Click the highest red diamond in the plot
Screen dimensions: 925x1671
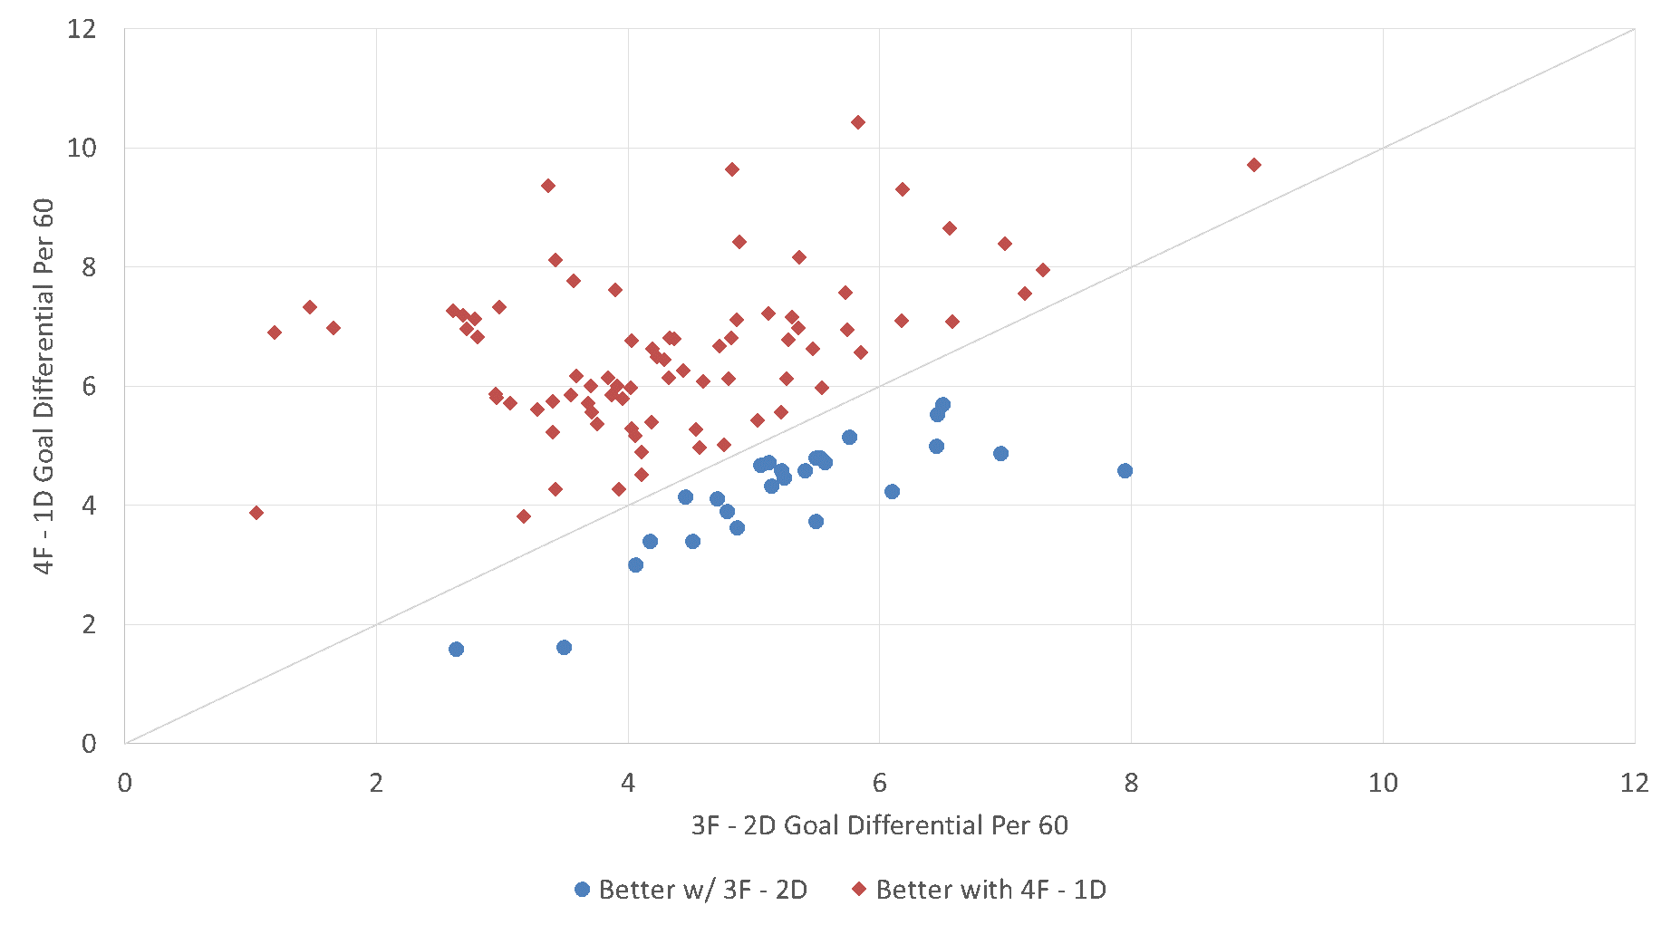pyautogui.click(x=857, y=122)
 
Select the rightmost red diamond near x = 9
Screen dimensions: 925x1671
pyautogui.click(x=1254, y=165)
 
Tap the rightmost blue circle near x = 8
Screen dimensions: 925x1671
pyautogui.click(x=1125, y=471)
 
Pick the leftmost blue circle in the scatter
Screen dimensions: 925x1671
pyautogui.click(x=456, y=650)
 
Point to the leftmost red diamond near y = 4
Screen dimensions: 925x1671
pyautogui.click(x=256, y=513)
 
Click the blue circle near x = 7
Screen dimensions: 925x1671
pyautogui.click(x=1000, y=454)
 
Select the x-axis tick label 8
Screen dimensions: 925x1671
pyautogui.click(x=1131, y=783)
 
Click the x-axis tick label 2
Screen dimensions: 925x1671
pyautogui.click(x=376, y=783)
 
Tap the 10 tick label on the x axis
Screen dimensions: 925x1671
pyautogui.click(x=1383, y=783)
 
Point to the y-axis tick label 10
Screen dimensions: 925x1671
pyautogui.click(x=82, y=148)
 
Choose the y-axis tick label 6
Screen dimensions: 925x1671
pyautogui.click(x=89, y=386)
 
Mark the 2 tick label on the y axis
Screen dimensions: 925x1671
pyautogui.click(x=89, y=624)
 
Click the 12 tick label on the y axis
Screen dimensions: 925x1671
pyautogui.click(x=82, y=29)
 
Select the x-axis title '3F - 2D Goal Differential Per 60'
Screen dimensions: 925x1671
pyautogui.click(x=879, y=825)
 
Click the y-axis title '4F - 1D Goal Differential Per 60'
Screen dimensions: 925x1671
pyautogui.click(x=43, y=386)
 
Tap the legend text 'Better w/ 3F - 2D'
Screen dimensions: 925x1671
pyautogui.click(x=702, y=890)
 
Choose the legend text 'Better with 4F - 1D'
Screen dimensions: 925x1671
pyautogui.click(x=990, y=890)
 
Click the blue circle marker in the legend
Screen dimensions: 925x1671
pyautogui.click(x=583, y=890)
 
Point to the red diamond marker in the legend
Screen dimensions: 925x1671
pyautogui.click(x=859, y=890)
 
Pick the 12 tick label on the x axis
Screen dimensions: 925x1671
pyautogui.click(x=1635, y=783)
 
